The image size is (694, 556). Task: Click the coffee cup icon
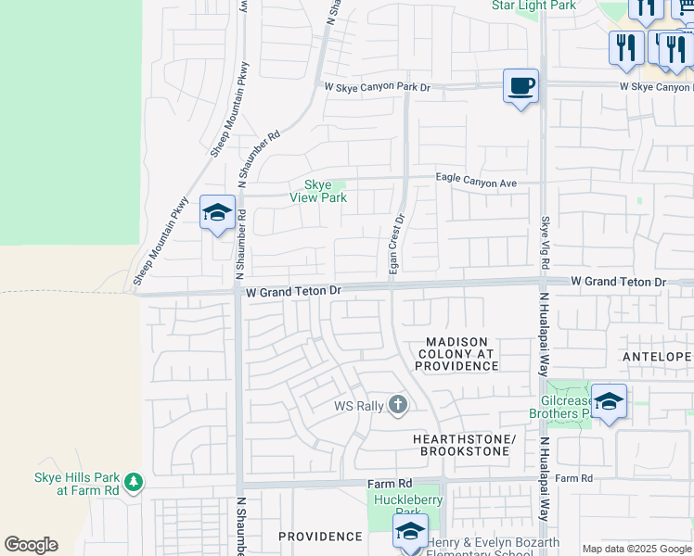(520, 86)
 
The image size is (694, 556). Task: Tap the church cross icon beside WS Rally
(398, 405)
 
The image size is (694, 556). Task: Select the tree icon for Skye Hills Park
(134, 482)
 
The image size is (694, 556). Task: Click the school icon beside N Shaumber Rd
(217, 212)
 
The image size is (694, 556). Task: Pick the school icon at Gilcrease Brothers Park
(609, 401)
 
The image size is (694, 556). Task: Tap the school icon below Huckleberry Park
(409, 531)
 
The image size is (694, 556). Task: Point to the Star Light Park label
(533, 6)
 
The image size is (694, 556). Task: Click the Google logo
(31, 545)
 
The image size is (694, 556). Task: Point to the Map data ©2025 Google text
(636, 549)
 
